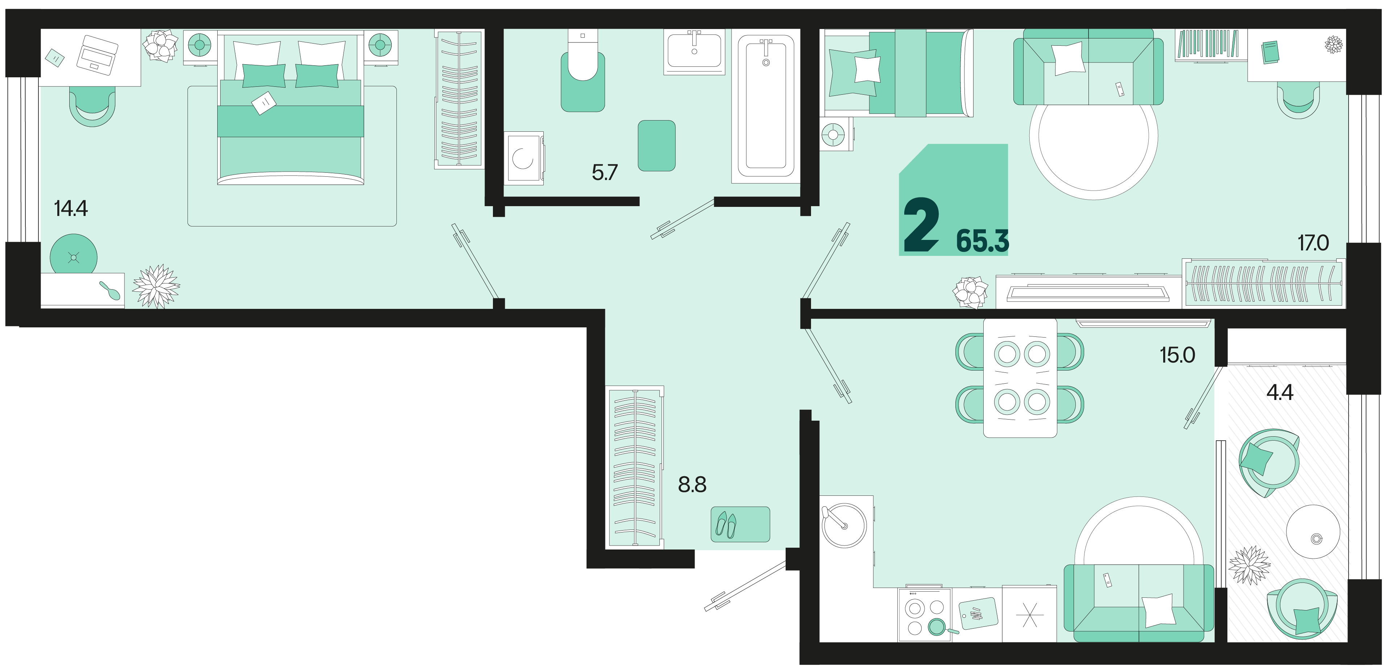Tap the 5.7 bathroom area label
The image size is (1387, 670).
click(x=604, y=172)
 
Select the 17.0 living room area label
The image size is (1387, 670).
click(x=1313, y=243)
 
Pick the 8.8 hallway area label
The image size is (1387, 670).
click(x=692, y=485)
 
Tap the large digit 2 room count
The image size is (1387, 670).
click(x=921, y=225)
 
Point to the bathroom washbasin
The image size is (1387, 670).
click(x=695, y=51)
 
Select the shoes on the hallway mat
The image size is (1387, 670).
click(x=726, y=524)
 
